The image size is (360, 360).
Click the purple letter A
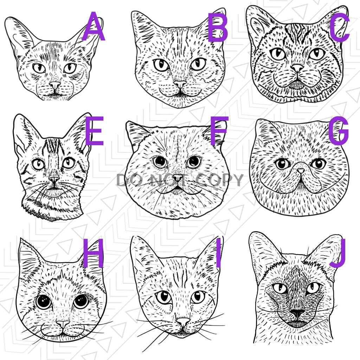coord(93,26)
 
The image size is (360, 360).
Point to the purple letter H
coord(93,253)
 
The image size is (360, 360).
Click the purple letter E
coord(94,131)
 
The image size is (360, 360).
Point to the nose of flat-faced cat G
coord(301,171)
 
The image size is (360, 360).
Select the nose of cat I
coord(182,322)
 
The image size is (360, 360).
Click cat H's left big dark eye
coord(44,301)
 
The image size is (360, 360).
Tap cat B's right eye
coord(198,64)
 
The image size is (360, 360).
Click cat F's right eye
coord(194,162)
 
